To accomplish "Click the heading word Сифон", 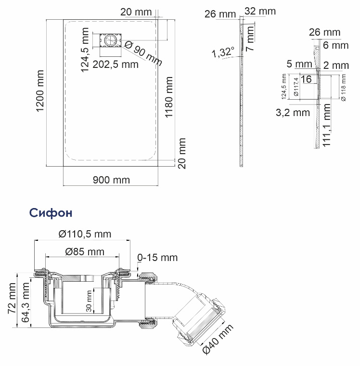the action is tap(51, 213).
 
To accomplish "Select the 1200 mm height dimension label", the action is tap(40, 91).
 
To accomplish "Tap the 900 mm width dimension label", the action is tap(111, 180).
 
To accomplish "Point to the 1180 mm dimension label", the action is tap(168, 97).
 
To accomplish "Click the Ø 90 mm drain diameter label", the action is tap(143, 53).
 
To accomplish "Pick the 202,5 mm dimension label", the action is tap(116, 65).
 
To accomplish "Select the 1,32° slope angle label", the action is tap(223, 52).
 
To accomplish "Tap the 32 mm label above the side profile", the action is tap(260, 11).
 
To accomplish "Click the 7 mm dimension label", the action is tap(250, 39).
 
